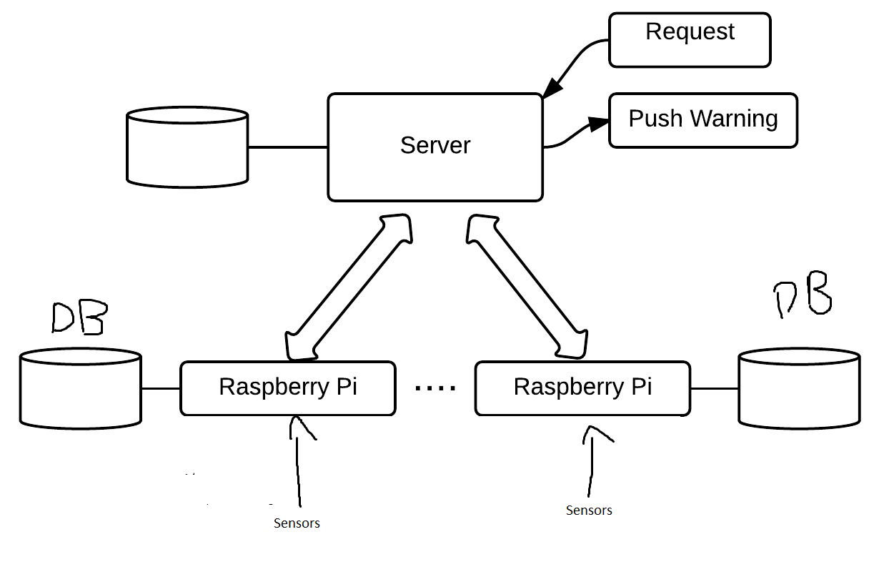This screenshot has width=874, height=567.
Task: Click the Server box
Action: pos(434,147)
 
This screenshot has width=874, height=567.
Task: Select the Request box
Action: pos(690,40)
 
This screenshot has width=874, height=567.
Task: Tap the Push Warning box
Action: pos(702,120)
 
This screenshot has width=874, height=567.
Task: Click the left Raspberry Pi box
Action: pos(287,388)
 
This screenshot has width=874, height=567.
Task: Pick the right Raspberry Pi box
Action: pos(582,388)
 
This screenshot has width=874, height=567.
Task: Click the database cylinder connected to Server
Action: pos(187,147)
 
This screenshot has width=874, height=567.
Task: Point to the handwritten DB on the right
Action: pos(804,294)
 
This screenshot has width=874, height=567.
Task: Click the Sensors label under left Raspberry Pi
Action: pos(297,523)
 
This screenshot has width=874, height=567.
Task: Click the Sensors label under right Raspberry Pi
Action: pos(589,511)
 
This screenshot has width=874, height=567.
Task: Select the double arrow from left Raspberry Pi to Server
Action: pos(349,286)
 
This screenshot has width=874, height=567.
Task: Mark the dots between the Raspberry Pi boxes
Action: pos(435,388)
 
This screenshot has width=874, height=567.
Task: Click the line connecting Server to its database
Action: pos(287,147)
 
